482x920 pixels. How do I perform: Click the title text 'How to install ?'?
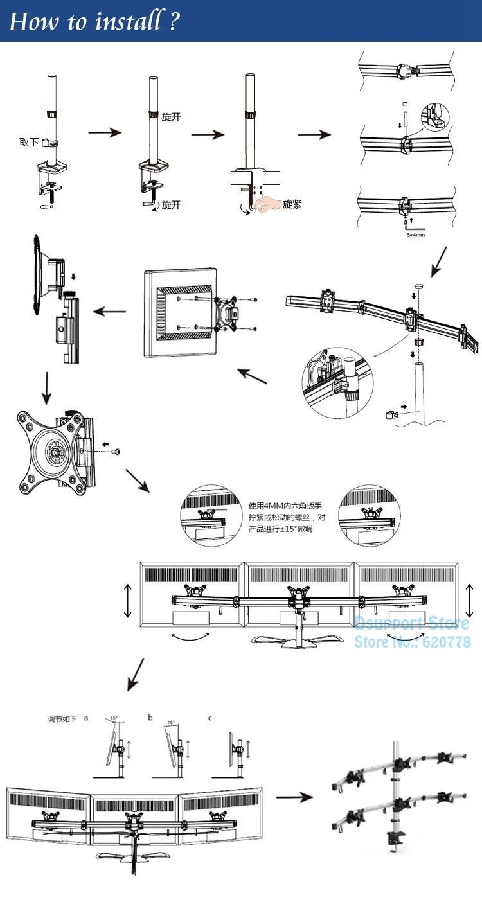[x=94, y=22]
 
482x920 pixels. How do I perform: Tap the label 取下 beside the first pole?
[x=29, y=142]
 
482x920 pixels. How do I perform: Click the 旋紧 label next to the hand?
[x=292, y=204]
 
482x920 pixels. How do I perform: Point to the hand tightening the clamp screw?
[x=265, y=204]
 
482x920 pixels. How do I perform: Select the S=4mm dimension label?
[x=415, y=236]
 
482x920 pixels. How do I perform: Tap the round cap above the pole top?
[x=419, y=281]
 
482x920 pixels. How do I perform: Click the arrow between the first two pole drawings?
[x=104, y=132]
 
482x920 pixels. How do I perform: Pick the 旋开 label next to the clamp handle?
[x=171, y=205]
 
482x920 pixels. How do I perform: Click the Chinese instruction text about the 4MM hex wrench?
[x=286, y=517]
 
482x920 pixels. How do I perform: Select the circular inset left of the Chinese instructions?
[x=207, y=515]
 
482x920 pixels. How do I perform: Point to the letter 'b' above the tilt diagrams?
[x=150, y=718]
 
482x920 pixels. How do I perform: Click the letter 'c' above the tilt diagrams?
[x=210, y=718]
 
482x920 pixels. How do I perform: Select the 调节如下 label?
[x=62, y=719]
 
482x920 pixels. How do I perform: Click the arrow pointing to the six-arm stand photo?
[x=294, y=797]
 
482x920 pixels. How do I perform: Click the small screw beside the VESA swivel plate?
[x=116, y=452]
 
